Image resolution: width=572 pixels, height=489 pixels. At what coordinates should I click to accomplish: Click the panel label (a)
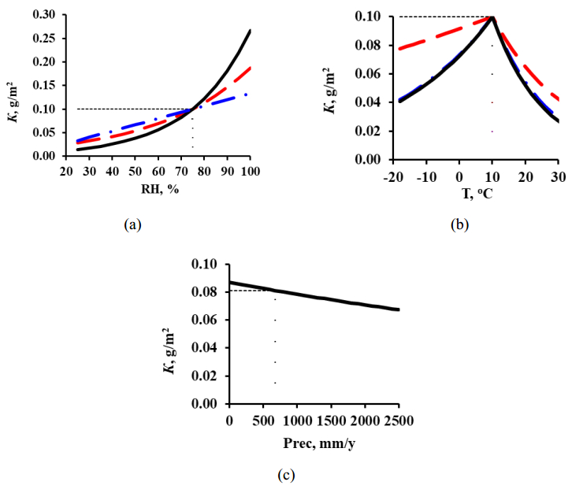[x=132, y=225]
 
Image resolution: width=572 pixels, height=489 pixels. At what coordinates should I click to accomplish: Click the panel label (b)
[x=459, y=225]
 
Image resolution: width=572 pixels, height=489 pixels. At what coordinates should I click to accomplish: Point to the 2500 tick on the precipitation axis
[x=399, y=418]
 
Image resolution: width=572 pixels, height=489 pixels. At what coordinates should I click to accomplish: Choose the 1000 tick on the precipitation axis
[x=297, y=418]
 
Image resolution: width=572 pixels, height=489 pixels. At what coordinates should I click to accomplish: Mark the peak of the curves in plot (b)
[x=492, y=16]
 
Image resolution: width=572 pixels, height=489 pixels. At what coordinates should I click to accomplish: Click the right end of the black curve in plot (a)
[x=251, y=31]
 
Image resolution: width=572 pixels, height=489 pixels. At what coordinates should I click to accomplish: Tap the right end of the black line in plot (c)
[x=399, y=309]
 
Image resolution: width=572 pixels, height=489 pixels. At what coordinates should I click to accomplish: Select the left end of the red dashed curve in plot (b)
[x=399, y=49]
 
